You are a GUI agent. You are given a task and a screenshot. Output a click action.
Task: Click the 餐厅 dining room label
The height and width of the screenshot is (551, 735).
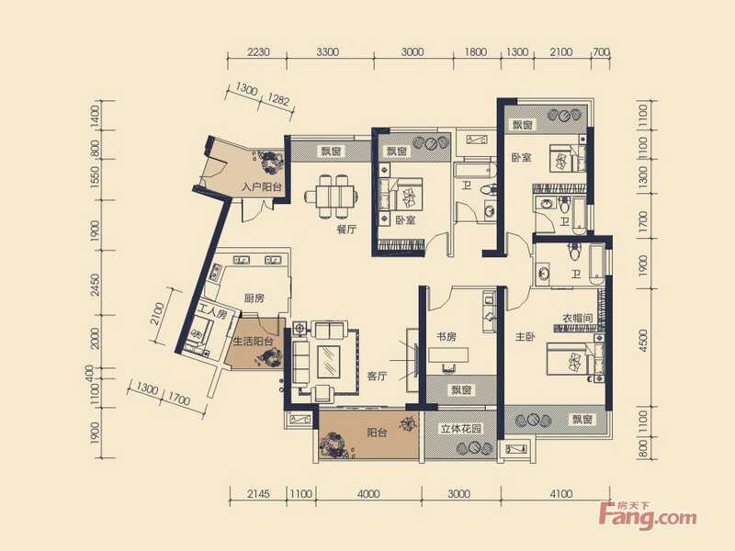(x=346, y=230)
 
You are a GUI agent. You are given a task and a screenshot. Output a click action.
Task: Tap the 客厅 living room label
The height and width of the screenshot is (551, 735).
(x=378, y=376)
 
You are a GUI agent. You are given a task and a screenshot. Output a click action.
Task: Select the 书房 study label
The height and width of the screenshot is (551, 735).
(x=447, y=336)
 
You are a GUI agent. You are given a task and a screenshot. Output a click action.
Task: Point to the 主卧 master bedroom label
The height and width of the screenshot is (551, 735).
(x=525, y=336)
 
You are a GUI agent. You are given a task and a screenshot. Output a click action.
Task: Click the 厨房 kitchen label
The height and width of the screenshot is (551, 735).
(x=254, y=298)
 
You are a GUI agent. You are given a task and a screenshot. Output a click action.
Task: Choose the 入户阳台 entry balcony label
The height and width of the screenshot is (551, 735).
(x=262, y=187)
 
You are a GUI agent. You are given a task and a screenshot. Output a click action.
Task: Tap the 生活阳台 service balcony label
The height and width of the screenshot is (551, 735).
(x=254, y=341)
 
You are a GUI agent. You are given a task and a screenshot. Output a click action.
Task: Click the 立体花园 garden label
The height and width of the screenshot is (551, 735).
(x=461, y=429)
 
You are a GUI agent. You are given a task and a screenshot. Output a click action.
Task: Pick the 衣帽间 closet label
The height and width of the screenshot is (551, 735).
(x=578, y=318)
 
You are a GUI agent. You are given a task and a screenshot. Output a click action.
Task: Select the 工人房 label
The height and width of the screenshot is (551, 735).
(x=212, y=311)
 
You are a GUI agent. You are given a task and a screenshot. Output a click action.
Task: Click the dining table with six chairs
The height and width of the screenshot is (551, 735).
(x=331, y=197)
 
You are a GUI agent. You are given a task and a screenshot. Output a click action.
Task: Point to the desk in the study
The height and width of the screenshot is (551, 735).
(x=448, y=355)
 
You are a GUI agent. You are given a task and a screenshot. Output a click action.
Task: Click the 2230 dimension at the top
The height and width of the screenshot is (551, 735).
(x=258, y=51)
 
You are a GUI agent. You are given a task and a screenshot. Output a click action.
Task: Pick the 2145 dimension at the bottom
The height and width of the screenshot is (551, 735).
(x=258, y=494)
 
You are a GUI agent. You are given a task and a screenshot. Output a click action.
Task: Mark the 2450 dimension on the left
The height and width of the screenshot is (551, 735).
(x=96, y=285)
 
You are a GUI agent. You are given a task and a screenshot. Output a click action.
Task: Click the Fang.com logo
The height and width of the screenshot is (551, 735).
(x=648, y=515)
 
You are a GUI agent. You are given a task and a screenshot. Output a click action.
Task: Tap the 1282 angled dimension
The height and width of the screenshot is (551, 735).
(x=278, y=99)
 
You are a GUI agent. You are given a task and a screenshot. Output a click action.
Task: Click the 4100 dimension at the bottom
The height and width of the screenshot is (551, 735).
(x=561, y=494)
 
